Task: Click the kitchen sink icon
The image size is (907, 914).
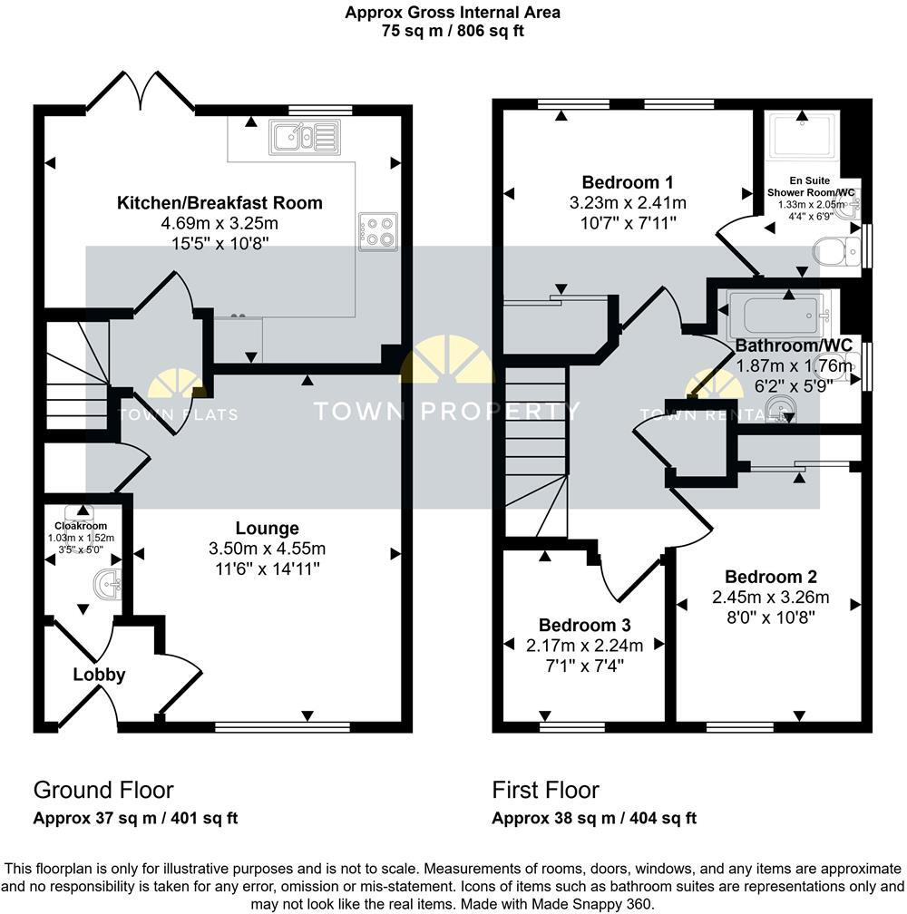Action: pyautogui.click(x=304, y=137)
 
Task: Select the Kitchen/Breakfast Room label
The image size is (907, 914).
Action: pyautogui.click(x=220, y=202)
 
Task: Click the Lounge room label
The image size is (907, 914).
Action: pyautogui.click(x=267, y=528)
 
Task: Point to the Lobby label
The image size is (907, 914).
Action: pyautogui.click(x=99, y=675)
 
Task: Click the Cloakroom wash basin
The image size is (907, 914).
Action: pyautogui.click(x=108, y=585)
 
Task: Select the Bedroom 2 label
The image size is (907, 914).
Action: pyautogui.click(x=771, y=577)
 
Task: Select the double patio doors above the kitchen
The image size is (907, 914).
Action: pyautogui.click(x=140, y=92)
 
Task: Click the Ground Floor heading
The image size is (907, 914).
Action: pyautogui.click(x=103, y=790)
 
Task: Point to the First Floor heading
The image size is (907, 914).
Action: pyautogui.click(x=546, y=790)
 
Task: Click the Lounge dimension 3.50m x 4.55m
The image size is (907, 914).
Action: pyautogui.click(x=267, y=549)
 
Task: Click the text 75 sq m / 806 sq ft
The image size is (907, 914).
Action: pyautogui.click(x=453, y=30)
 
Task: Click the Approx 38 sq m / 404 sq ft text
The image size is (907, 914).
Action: pyautogui.click(x=594, y=818)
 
